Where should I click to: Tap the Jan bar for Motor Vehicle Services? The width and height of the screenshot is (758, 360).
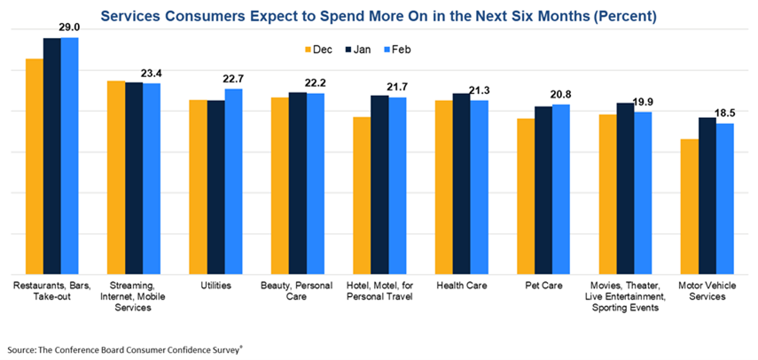tap(707, 196)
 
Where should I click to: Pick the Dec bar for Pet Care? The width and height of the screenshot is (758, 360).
tap(526, 196)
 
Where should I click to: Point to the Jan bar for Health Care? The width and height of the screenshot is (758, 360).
tap(461, 184)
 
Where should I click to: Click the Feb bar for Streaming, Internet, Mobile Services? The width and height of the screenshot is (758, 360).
tap(152, 179)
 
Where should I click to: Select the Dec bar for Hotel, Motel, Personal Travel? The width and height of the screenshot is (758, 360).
tap(362, 196)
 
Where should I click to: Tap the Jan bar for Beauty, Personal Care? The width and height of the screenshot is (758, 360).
tap(298, 184)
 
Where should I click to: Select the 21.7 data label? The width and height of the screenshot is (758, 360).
tap(398, 87)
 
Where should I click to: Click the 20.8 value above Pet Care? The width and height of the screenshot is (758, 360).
tap(561, 94)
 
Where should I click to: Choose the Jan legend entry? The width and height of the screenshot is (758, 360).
tap(360, 51)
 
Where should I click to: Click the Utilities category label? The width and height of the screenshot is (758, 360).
tap(215, 286)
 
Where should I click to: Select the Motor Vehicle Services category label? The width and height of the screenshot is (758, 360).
tap(707, 292)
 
